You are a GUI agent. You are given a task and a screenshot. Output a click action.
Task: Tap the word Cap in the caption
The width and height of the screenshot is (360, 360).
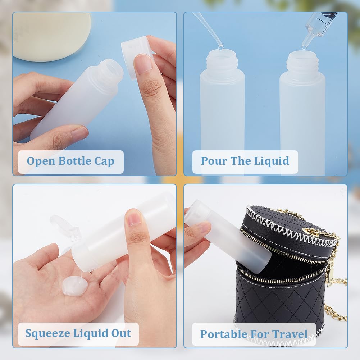click(x=104, y=161)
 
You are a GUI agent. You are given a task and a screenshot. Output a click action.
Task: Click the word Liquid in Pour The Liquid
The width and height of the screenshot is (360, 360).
click(x=272, y=161)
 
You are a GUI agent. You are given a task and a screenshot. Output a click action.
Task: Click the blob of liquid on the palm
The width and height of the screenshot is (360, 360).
click(x=75, y=286)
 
